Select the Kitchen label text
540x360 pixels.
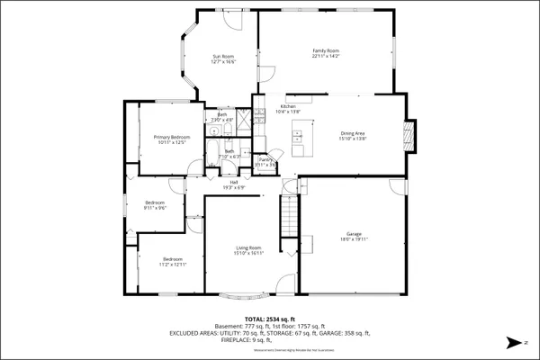click(288, 106)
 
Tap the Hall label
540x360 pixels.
click(234, 183)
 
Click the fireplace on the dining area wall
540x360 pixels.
click(410, 134)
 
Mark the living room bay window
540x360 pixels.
click(245, 294)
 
